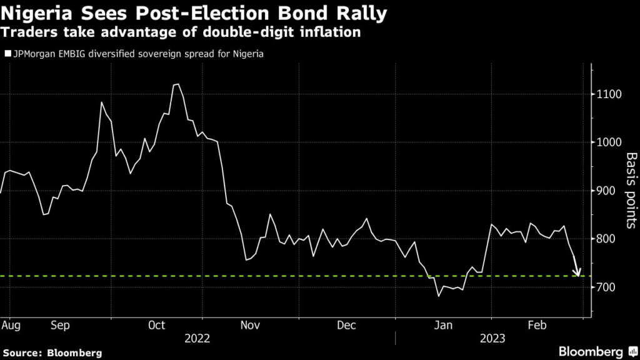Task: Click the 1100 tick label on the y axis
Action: (608, 94)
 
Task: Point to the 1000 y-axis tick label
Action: (608, 142)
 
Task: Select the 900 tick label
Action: (606, 191)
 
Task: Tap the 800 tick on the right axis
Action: (606, 239)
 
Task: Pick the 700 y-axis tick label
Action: (606, 287)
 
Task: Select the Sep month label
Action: (61, 325)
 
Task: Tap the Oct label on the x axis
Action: (157, 325)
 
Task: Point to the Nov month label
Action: (251, 325)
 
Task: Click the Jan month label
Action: (443, 325)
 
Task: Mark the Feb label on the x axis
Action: (537, 325)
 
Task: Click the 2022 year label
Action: (197, 338)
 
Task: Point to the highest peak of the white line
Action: (177, 84)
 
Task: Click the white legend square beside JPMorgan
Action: (7, 54)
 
